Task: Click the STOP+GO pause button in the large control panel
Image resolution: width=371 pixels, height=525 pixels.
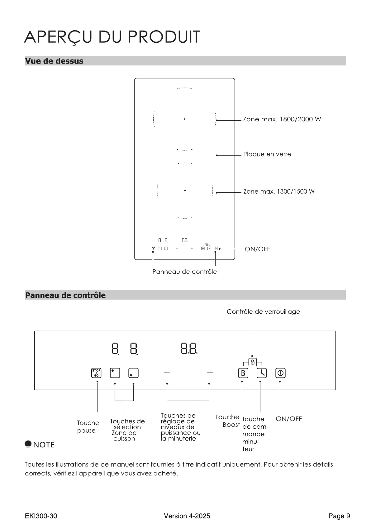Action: pyautogui.click(x=96, y=373)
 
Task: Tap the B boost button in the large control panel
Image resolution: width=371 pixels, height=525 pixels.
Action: pyautogui.click(x=243, y=373)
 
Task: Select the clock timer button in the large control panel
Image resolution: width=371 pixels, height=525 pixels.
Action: pyautogui.click(x=262, y=373)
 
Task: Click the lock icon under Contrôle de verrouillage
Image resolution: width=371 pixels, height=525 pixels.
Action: pyautogui.click(x=253, y=362)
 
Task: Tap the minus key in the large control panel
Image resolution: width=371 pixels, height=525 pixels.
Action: pyautogui.click(x=167, y=373)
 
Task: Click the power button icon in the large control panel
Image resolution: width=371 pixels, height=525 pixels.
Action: pyautogui.click(x=280, y=373)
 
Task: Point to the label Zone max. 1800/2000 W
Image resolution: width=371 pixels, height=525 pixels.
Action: pyautogui.click(x=282, y=119)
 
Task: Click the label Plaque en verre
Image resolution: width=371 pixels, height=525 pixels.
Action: pyautogui.click(x=267, y=154)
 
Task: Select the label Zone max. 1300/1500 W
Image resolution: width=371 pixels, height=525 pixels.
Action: pyautogui.click(x=279, y=191)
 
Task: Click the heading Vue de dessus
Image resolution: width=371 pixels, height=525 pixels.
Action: pyautogui.click(x=54, y=61)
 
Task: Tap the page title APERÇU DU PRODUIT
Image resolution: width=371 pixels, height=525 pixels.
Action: pyautogui.click(x=112, y=37)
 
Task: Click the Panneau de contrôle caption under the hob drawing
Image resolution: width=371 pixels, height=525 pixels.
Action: pyautogui.click(x=184, y=272)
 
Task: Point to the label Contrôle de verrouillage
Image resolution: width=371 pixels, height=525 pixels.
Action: pyautogui.click(x=263, y=312)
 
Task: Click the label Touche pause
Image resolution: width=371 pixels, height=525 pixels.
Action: pyautogui.click(x=88, y=426)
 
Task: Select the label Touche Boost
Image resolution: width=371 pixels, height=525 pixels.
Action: pyautogui.click(x=228, y=421)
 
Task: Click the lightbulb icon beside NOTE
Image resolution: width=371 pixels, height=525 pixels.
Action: pyautogui.click(x=28, y=444)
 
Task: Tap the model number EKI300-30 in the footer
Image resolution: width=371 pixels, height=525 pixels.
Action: pyautogui.click(x=41, y=516)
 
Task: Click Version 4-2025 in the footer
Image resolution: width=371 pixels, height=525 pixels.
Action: pyautogui.click(x=187, y=516)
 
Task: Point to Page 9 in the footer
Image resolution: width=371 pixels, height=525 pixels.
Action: pyautogui.click(x=339, y=516)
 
